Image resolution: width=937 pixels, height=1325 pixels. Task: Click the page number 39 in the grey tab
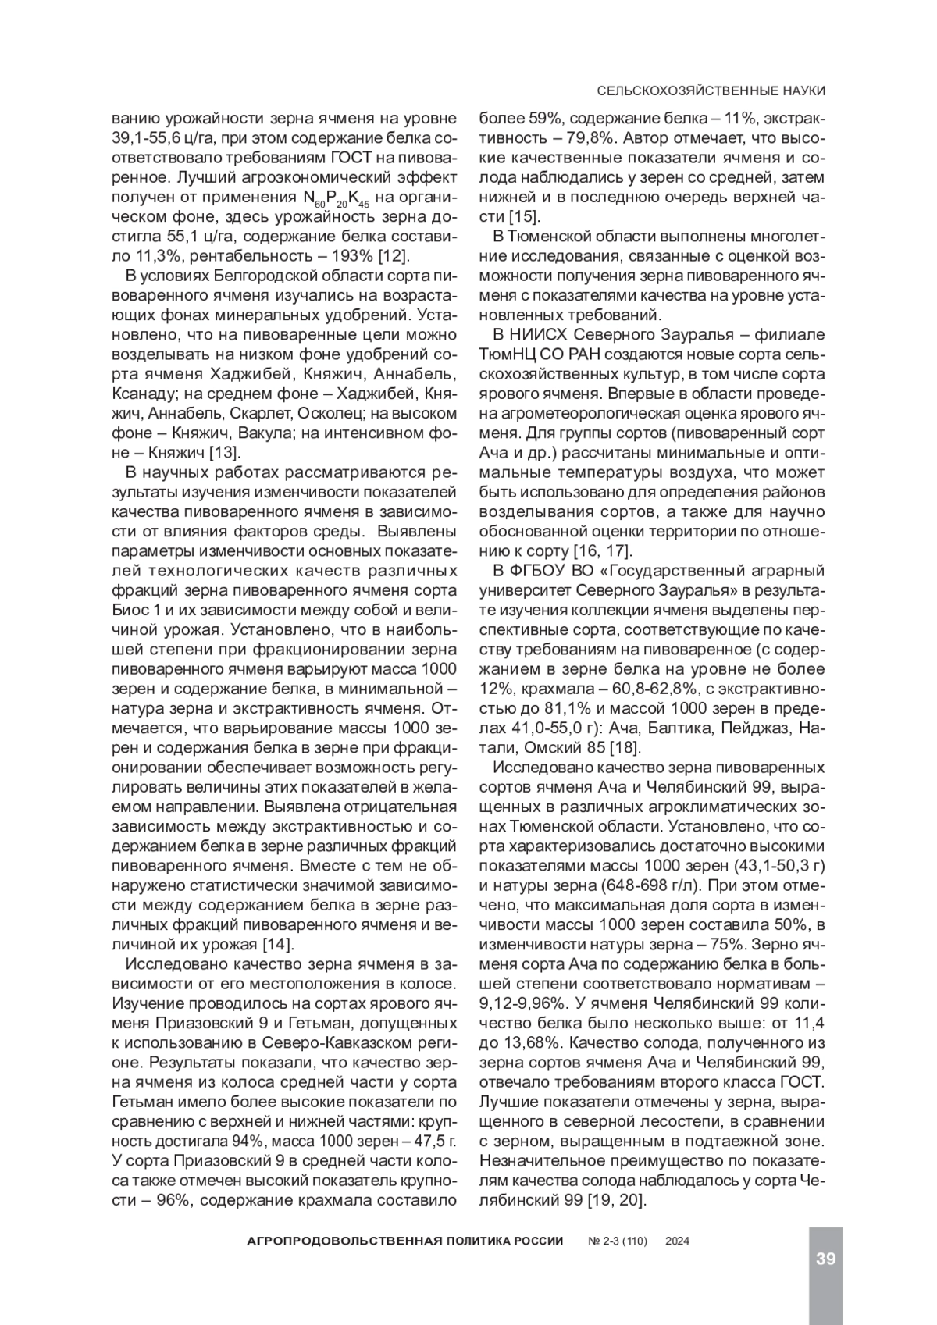826,1258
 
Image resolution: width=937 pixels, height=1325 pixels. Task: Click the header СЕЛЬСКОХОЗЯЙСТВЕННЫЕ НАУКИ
711,91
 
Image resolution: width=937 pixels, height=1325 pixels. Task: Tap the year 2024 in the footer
676,1241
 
